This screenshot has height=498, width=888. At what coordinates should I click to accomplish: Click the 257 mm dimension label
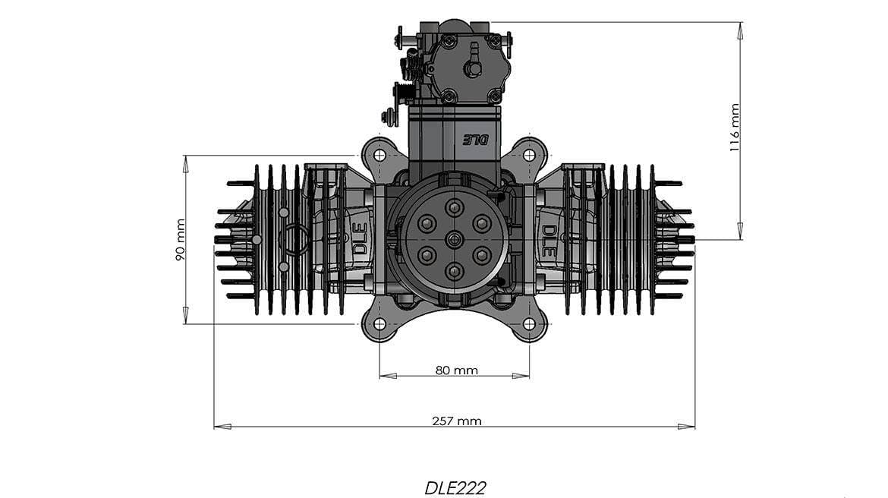(x=456, y=421)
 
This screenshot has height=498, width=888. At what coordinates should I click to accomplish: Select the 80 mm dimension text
(x=456, y=370)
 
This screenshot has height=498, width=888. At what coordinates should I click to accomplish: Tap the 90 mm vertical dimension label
(x=181, y=240)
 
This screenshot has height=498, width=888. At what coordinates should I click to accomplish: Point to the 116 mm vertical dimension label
(x=734, y=128)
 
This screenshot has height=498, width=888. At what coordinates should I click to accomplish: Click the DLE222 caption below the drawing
(x=455, y=487)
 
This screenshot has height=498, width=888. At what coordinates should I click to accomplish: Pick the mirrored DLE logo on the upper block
(x=476, y=140)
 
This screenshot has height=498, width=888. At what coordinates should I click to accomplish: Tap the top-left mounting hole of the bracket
(x=379, y=155)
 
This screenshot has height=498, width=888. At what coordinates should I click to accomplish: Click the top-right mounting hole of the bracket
(x=529, y=155)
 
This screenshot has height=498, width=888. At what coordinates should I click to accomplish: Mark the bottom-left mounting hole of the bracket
(x=379, y=324)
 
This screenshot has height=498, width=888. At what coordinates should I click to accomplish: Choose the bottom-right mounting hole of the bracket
(x=529, y=324)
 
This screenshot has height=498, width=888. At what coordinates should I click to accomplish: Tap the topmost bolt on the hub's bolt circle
(x=454, y=207)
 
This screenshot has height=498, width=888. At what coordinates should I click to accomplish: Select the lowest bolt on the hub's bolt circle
(x=454, y=271)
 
